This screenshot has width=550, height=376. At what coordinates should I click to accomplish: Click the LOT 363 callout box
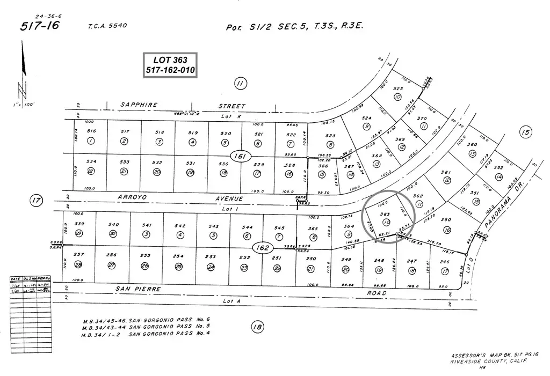[170, 65]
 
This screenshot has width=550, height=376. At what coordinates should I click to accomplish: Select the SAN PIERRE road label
[138, 288]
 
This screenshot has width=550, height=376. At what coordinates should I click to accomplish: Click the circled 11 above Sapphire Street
[241, 83]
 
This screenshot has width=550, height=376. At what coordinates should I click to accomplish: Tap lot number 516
[91, 131]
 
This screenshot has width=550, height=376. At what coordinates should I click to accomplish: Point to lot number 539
[79, 224]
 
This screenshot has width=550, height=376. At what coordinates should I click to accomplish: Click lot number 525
[398, 89]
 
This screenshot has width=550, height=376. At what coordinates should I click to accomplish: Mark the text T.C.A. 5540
[107, 26]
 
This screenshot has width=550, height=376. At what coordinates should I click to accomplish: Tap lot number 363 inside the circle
[385, 214]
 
